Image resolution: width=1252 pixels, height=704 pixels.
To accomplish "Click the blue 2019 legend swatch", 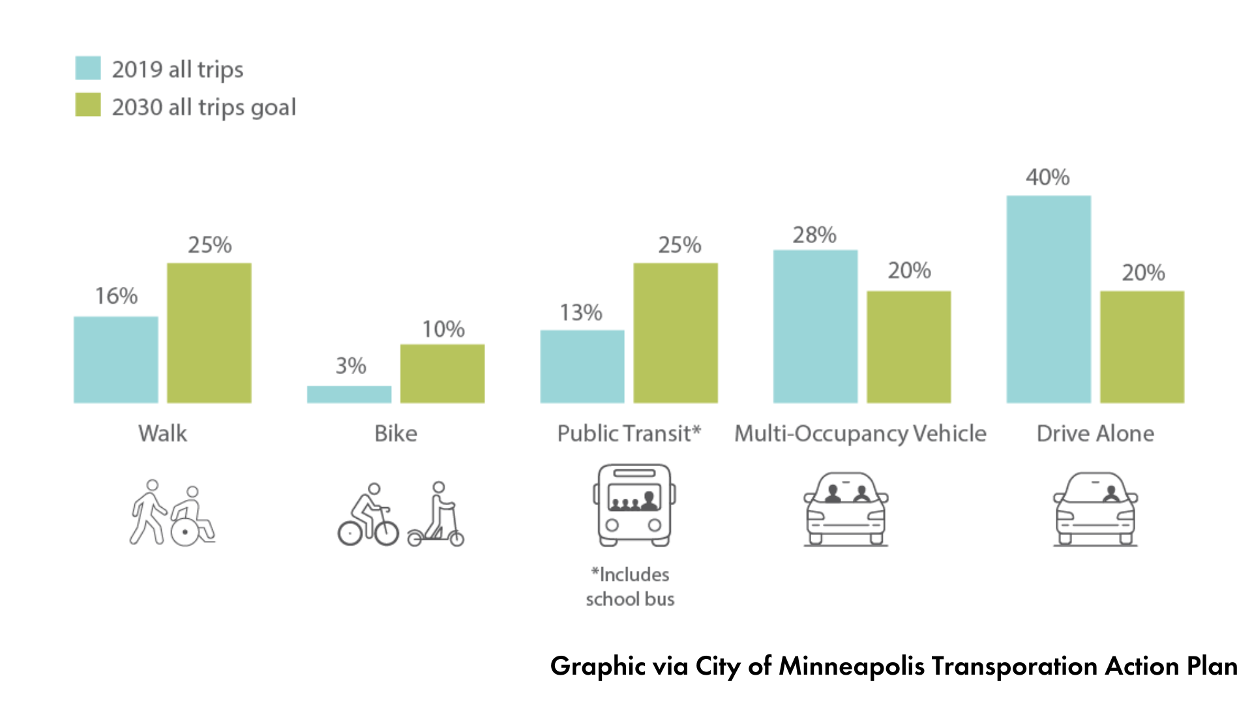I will click(x=88, y=68).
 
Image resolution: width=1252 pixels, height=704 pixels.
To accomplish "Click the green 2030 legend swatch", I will click(x=88, y=105).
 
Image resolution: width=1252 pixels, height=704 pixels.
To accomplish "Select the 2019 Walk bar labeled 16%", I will click(x=116, y=359).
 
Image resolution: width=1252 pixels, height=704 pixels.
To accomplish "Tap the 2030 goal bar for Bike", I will click(x=442, y=373).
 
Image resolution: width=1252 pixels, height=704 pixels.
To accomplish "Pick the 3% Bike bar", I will click(x=349, y=394).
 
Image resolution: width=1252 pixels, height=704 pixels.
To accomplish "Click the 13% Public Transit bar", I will click(x=582, y=366).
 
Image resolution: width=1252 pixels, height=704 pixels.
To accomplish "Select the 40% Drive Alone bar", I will click(x=1049, y=299).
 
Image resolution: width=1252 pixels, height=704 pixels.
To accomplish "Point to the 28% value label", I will click(x=814, y=235).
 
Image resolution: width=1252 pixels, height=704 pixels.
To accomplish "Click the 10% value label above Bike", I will click(x=443, y=329).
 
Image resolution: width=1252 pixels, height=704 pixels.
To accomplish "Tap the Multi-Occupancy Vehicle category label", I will click(x=860, y=433).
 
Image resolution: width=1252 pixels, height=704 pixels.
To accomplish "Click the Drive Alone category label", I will click(x=1095, y=433).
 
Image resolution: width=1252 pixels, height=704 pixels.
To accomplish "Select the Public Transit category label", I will click(x=629, y=433).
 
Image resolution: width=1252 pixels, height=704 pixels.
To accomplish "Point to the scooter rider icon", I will click(x=437, y=514).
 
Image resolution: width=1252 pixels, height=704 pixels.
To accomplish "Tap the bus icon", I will click(x=634, y=505).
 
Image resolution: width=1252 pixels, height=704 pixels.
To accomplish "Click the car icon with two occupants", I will click(x=846, y=509).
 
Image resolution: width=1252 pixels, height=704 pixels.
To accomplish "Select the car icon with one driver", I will click(x=1095, y=509).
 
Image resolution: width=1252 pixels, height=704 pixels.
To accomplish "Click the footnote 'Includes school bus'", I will click(x=630, y=587).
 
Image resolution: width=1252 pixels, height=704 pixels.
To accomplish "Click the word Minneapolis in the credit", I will click(x=852, y=666).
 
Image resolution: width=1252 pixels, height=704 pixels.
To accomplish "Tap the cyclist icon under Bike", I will click(x=368, y=516).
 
